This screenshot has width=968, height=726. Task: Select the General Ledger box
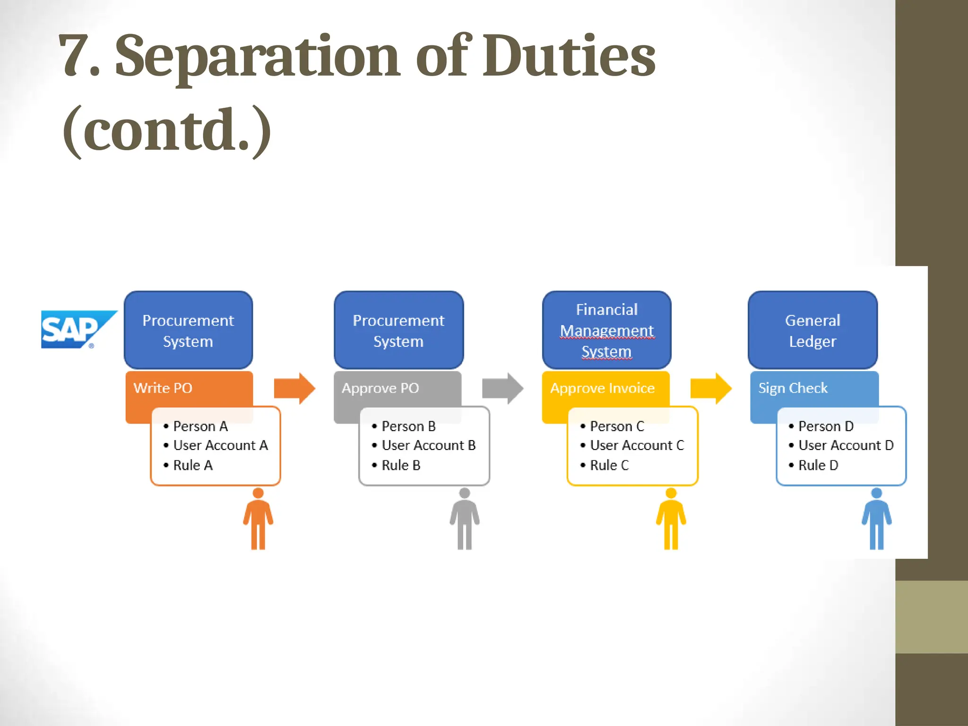(x=812, y=330)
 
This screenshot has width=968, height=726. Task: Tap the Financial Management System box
(x=606, y=330)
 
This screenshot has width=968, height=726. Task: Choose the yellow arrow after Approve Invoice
(x=711, y=389)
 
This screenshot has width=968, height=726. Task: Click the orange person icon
(x=258, y=519)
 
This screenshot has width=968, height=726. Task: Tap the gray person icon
(x=465, y=519)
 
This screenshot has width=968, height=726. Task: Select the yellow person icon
(x=671, y=519)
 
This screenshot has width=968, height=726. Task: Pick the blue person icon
(x=877, y=519)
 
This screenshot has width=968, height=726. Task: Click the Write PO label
(x=163, y=388)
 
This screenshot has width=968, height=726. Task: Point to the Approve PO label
(x=380, y=388)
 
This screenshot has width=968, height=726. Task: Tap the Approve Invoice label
(x=603, y=388)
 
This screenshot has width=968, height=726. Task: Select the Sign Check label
(x=793, y=388)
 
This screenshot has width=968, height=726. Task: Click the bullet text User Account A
(x=220, y=445)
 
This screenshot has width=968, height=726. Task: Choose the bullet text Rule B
(x=401, y=466)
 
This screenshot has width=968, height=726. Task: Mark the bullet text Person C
(x=617, y=426)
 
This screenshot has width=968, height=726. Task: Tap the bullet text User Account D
(x=846, y=445)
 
